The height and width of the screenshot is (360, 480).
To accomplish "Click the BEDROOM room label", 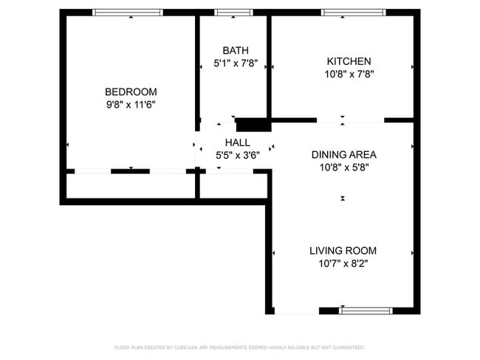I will (x=131, y=91).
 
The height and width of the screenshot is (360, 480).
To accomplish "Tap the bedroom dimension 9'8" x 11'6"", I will (x=131, y=105).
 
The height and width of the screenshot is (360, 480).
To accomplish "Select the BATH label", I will (x=236, y=50).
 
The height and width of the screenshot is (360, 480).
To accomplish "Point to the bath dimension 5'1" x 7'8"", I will (x=236, y=63).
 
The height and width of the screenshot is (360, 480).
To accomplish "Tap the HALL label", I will (x=237, y=142).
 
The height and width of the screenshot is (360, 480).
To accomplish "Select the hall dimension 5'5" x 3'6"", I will (x=237, y=156).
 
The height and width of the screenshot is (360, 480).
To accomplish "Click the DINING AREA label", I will (x=343, y=154).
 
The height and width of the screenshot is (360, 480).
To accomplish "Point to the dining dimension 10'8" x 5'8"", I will (x=343, y=167).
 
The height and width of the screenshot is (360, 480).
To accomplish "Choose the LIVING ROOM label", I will (x=343, y=250).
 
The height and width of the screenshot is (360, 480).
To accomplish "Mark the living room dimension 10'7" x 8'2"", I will (x=343, y=263).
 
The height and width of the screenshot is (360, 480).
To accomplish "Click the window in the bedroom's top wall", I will (x=127, y=13).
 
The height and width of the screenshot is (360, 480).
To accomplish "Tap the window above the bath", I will (x=233, y=13).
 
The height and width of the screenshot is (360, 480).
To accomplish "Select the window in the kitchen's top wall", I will (x=353, y=13).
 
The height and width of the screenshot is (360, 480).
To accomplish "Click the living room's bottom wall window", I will (x=366, y=311).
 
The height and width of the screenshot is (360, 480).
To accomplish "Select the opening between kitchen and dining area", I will (x=350, y=120).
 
